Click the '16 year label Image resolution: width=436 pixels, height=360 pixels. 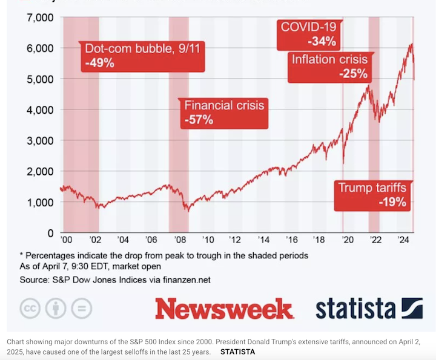pos(292,240)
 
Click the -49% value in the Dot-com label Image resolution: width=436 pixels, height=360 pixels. pos(100,62)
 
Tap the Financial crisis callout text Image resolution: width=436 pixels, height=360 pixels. pos(225,105)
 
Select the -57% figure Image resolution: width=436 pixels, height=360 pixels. pos(198,119)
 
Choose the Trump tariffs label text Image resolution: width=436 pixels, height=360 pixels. pos(372,188)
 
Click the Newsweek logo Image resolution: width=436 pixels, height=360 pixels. pos(224,309)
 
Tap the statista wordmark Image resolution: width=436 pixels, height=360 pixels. pos(355,308)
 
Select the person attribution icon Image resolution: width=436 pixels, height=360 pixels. pos(56,308)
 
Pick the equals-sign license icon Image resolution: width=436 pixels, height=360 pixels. pos(82,308)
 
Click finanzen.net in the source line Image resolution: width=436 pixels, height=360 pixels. pos(183,280)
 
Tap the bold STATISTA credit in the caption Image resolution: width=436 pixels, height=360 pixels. pos(237,351)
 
